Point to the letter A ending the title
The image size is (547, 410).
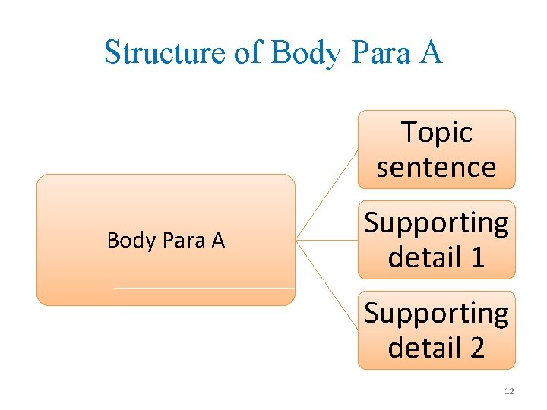click(x=431, y=53)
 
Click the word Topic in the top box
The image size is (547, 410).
click(x=436, y=132)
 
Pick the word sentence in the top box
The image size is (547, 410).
click(x=436, y=166)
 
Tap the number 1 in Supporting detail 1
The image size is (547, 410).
click(x=476, y=257)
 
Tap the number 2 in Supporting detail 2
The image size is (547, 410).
click(x=476, y=347)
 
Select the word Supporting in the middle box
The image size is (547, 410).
click(x=436, y=223)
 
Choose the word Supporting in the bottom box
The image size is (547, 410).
click(x=436, y=313)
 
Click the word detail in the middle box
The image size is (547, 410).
click(x=423, y=257)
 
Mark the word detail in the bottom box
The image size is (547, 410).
click(x=423, y=347)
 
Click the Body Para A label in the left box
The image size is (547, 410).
click(x=166, y=241)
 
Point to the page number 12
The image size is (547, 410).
click(x=509, y=391)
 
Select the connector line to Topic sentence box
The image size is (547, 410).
click(x=327, y=194)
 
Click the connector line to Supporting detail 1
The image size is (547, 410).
click(x=327, y=241)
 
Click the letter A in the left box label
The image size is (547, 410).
click(x=218, y=241)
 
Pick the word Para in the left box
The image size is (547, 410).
click(x=189, y=241)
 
